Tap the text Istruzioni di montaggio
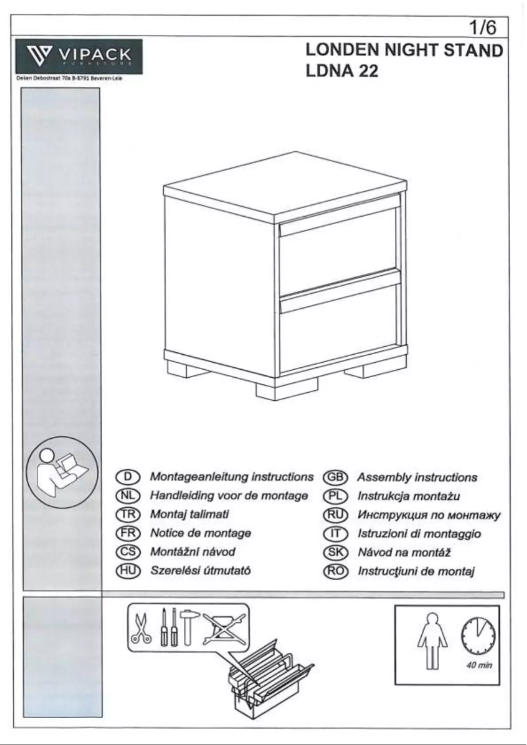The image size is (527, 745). pos(419,533)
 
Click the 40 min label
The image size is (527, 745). pos(477,664)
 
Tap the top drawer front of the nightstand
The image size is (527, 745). pos(339,247)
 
